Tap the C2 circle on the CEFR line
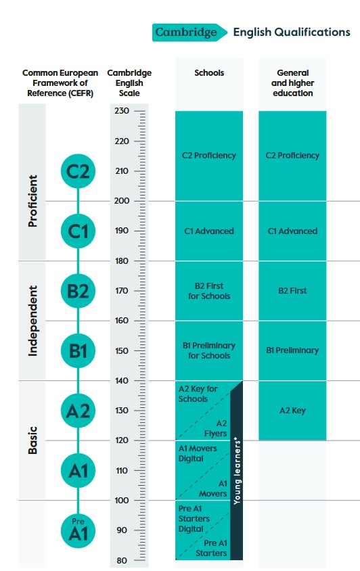(78, 171)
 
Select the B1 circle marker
(78, 350)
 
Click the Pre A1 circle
(78, 530)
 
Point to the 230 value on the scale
(122, 111)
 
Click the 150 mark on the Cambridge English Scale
(122, 350)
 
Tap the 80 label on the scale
(122, 561)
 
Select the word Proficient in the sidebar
(32, 201)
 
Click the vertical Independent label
(32, 321)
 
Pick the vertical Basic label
(32, 440)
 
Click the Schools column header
(209, 73)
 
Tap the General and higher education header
(292, 83)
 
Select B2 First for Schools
(209, 291)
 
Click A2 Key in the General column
(292, 411)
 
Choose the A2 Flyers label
(216, 428)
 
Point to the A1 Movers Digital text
(198, 453)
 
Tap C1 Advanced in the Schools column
(209, 231)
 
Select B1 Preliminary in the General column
(292, 350)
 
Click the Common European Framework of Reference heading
(60, 83)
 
